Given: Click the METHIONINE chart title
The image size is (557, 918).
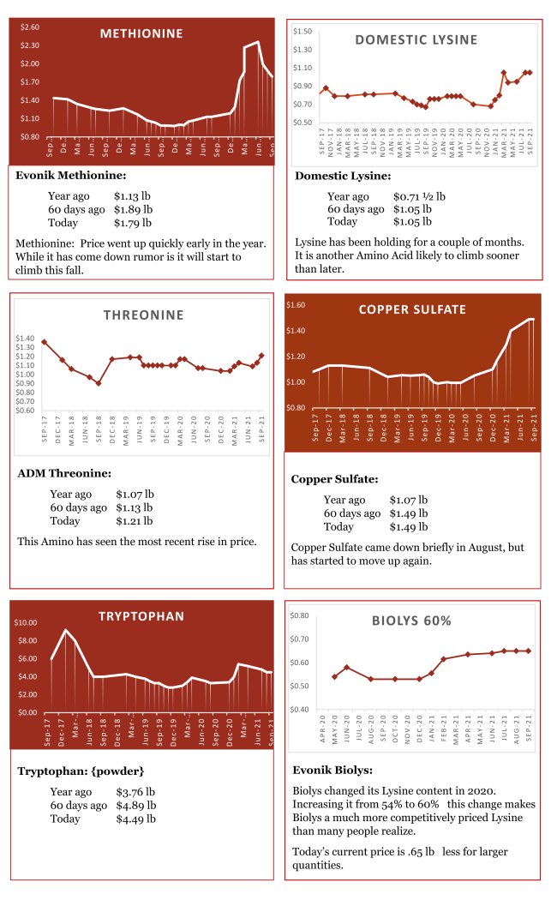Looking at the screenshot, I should tap(141, 33).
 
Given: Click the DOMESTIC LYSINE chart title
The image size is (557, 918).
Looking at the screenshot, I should tap(416, 39).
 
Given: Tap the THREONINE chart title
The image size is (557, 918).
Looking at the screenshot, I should tap(143, 315).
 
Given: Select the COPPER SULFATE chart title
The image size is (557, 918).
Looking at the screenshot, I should tap(412, 309).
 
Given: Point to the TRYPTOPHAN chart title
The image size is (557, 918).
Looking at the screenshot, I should tap(141, 615).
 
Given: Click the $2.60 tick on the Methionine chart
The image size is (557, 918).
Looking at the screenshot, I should tap(30, 27).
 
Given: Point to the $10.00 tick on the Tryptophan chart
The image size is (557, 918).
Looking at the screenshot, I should tap(26, 622).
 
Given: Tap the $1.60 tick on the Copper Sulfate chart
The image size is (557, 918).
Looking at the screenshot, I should tap(296, 305).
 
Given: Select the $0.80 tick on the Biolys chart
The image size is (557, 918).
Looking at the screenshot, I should tap(299, 615).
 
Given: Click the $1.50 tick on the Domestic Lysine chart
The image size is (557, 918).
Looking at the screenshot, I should tap(302, 32).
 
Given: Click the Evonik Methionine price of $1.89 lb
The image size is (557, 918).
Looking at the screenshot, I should tap(133, 209).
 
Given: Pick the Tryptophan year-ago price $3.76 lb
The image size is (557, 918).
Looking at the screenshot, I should tap(135, 792).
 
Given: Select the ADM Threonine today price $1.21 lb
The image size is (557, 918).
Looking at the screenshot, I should tap(135, 520).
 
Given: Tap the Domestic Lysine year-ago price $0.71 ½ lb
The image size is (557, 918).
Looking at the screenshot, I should tap(419, 196).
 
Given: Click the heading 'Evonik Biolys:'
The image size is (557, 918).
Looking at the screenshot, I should tap(332, 770).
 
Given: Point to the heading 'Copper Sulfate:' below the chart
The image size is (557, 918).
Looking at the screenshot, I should tap(334, 479).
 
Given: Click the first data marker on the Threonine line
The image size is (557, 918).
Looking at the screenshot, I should tap(44, 342).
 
